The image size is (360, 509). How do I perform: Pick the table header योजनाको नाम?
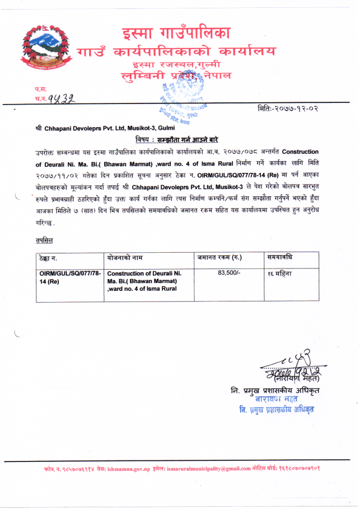(x=127, y=257)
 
